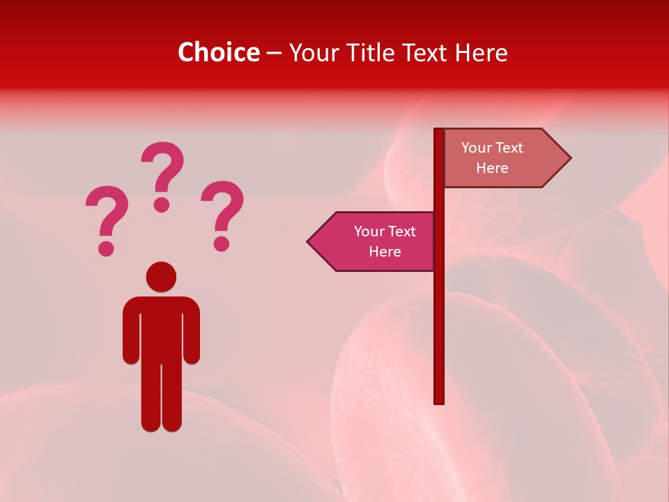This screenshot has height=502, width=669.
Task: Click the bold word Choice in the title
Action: click(218, 52)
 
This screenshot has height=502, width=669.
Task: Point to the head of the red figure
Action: click(161, 277)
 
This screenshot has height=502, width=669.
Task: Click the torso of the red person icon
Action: click(161, 328)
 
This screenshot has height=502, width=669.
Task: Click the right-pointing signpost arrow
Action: click(502, 158)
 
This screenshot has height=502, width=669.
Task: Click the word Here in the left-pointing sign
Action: click(385, 252)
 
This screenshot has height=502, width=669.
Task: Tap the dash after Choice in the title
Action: click(274, 53)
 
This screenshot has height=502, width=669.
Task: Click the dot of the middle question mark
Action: click(162, 204)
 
